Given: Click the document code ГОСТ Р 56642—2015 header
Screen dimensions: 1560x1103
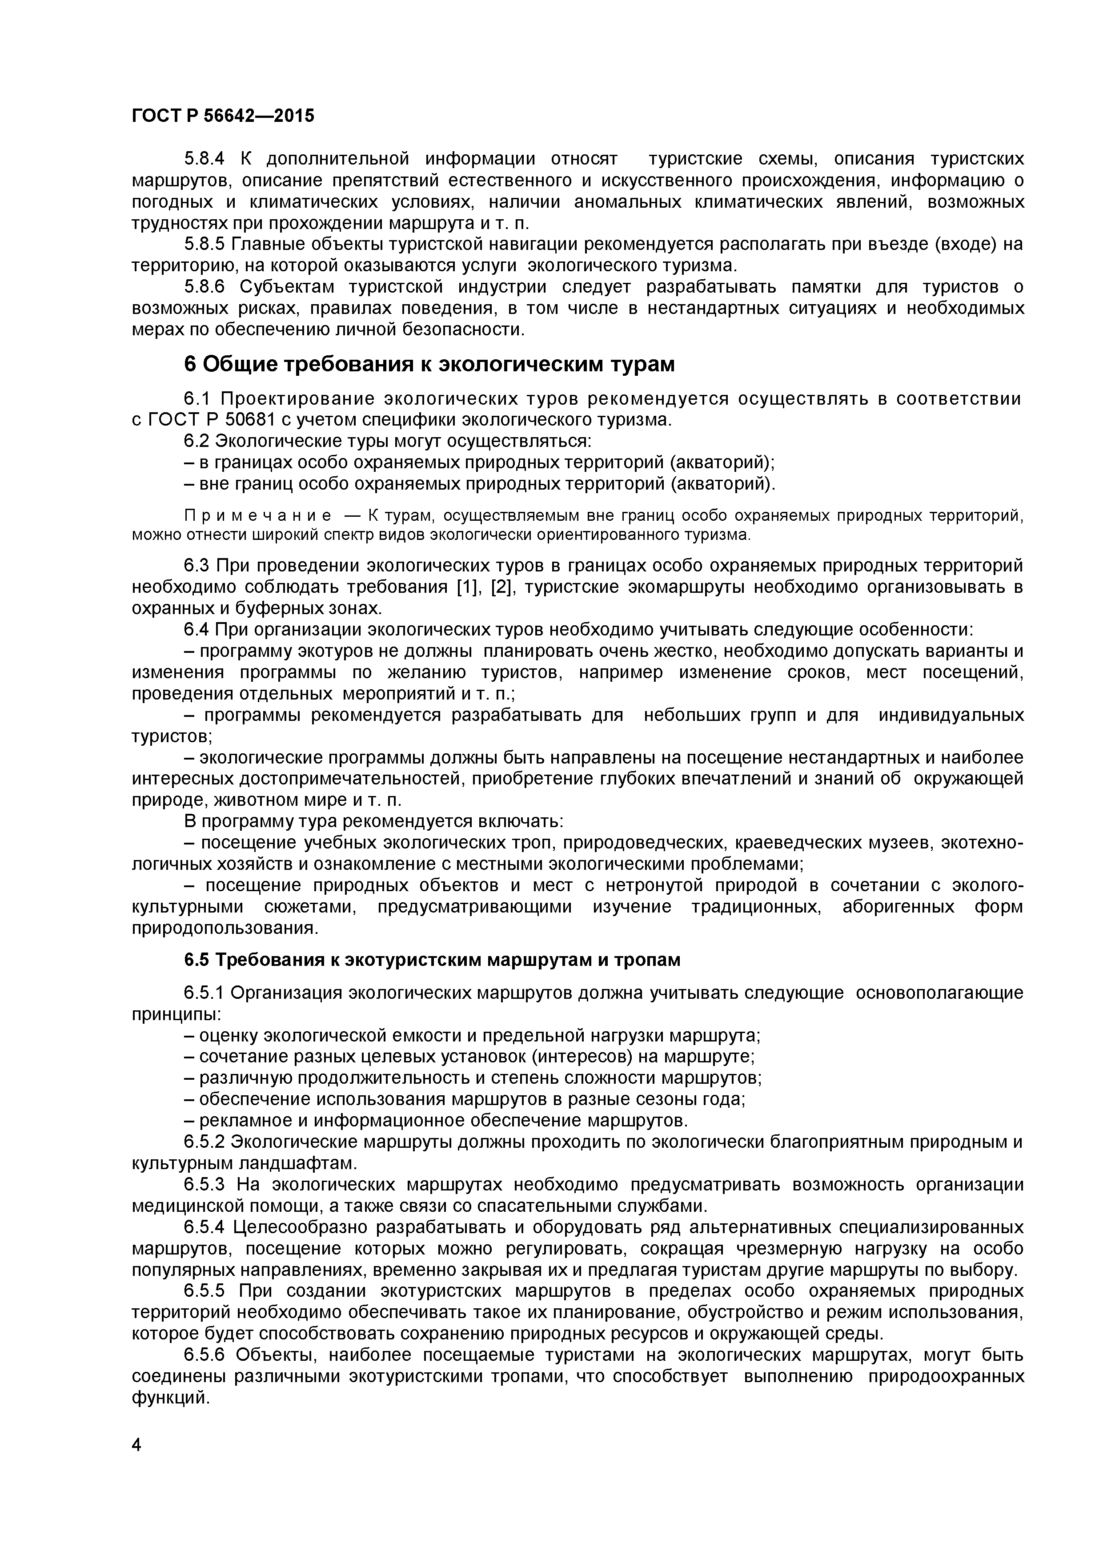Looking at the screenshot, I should [x=223, y=116].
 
